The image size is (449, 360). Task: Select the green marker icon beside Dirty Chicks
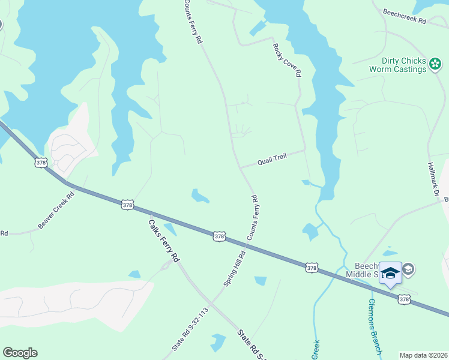(x=436, y=63)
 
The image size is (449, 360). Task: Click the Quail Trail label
(x=273, y=158)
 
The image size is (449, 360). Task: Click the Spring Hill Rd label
(x=235, y=268)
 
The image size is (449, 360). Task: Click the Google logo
(x=20, y=353)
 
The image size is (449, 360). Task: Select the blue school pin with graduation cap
(x=391, y=274)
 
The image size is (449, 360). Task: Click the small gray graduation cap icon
(x=409, y=269)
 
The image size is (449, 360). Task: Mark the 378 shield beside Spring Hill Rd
(x=219, y=237)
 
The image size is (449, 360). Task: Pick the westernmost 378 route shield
(x=41, y=163)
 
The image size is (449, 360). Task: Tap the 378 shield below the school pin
(x=404, y=299)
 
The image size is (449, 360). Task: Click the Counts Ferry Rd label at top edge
(x=193, y=21)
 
